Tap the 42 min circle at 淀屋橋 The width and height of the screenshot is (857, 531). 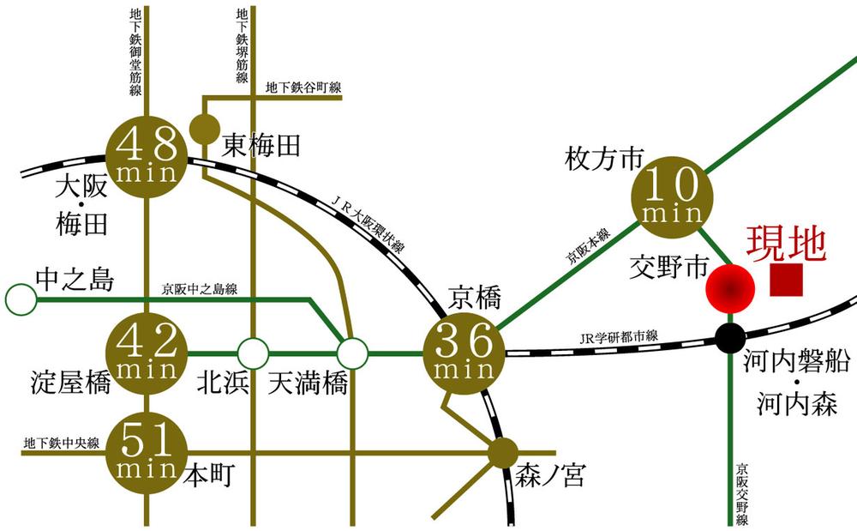[x=147, y=353]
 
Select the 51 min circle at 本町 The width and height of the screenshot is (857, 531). [x=147, y=452]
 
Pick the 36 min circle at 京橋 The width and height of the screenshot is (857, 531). [x=464, y=353]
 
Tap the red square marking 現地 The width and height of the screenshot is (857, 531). [x=786, y=280]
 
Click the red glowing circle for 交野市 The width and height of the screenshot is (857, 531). [x=729, y=288]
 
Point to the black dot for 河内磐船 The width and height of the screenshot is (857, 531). [x=730, y=338]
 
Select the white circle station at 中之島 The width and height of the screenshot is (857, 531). [x=21, y=299]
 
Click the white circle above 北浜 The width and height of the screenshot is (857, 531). [x=252, y=353]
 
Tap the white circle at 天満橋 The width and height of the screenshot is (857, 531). [x=352, y=353]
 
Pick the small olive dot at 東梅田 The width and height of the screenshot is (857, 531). [x=204, y=130]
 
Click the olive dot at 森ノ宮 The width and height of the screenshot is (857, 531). [x=503, y=452]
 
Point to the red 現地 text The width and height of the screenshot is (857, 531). [x=786, y=243]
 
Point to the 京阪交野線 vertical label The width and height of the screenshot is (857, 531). [x=742, y=493]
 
